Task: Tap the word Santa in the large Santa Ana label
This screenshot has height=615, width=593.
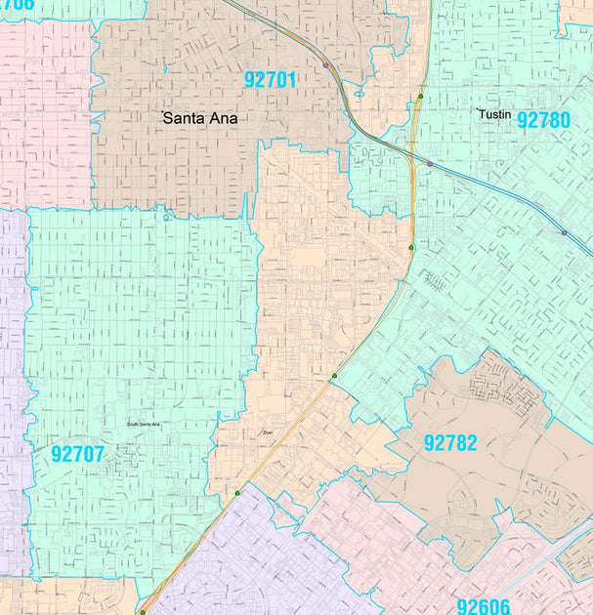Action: (183, 118)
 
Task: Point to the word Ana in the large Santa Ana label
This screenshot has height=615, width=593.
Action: (222, 118)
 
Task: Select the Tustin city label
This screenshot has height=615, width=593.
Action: (494, 114)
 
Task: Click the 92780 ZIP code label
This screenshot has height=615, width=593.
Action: (543, 120)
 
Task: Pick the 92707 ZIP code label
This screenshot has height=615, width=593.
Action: (78, 454)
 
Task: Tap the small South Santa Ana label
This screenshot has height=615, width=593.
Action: (143, 425)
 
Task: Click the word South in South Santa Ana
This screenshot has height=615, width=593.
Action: (132, 425)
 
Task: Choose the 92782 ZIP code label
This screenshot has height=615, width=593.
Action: (450, 443)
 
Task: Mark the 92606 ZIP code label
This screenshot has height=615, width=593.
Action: (484, 606)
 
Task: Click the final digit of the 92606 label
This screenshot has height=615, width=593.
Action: (506, 606)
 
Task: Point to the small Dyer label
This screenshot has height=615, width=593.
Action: (268, 432)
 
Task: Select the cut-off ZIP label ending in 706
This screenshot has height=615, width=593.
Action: (18, 5)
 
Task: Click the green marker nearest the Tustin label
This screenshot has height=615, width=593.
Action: (420, 96)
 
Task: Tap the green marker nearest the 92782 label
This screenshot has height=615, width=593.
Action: (334, 376)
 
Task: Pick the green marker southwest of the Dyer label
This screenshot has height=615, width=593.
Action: (236, 493)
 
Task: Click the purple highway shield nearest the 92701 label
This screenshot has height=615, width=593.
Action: (325, 65)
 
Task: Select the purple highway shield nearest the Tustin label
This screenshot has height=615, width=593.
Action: (429, 163)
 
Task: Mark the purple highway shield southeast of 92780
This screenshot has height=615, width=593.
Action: (564, 232)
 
